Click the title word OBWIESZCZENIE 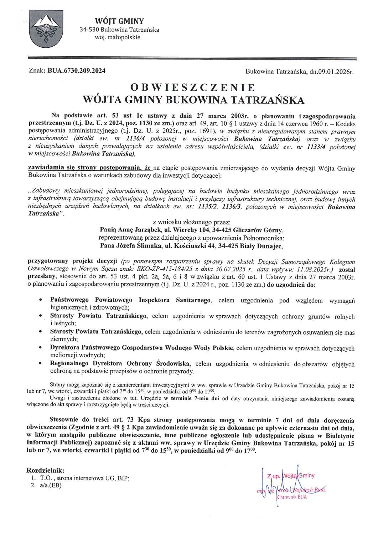pyautogui.click(x=193, y=88)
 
